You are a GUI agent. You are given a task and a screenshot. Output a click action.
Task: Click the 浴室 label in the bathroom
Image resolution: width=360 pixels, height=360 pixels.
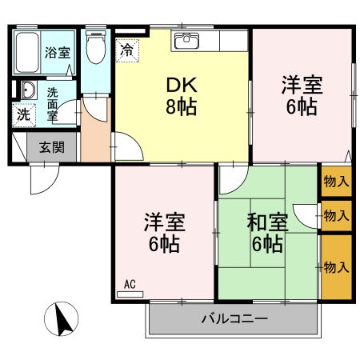tap(56, 54)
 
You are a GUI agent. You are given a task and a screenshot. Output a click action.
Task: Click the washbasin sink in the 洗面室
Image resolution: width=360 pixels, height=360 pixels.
tap(26, 90)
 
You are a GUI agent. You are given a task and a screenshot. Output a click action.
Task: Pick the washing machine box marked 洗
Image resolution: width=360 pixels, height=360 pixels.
tap(24, 114)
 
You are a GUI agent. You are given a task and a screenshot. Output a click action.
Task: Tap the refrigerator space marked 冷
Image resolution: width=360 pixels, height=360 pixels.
tap(127, 50)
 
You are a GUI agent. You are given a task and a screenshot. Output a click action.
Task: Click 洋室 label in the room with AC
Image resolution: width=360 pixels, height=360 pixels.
tap(160, 219)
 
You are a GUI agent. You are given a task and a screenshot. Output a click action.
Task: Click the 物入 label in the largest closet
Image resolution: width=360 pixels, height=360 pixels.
tap(336, 266)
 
